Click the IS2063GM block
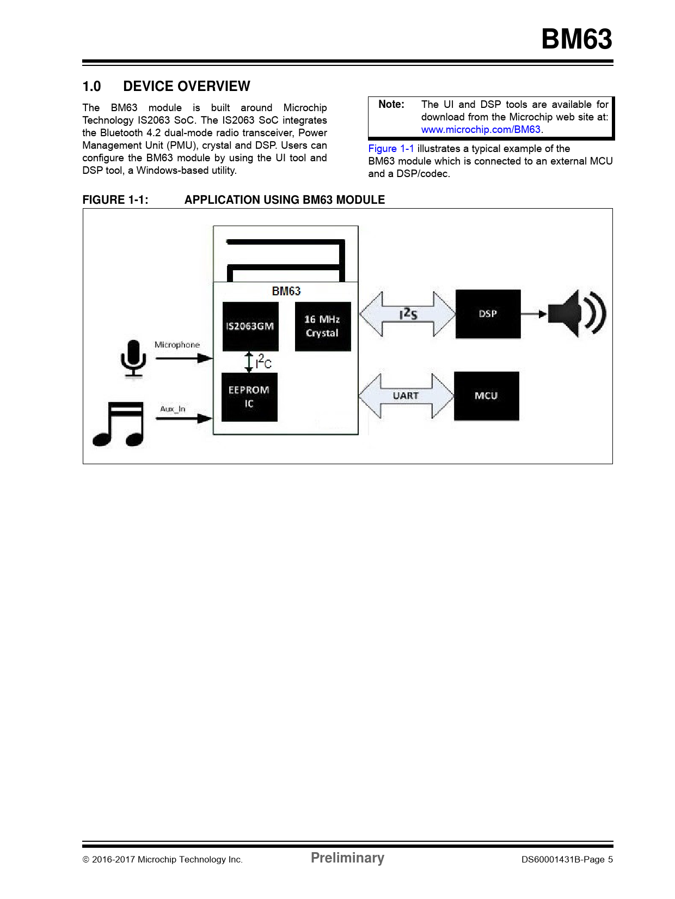point(250,326)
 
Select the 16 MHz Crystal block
point(323,326)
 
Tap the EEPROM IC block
point(249,397)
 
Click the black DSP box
point(488,314)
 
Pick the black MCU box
point(487,396)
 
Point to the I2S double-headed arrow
point(408,314)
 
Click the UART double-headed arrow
point(406,396)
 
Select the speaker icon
point(577,314)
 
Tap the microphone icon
point(133,359)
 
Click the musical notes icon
point(118,424)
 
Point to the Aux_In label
point(173,409)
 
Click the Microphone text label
point(177,345)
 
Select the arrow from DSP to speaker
point(534,314)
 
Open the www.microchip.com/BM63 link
point(481,130)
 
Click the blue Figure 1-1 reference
point(391,149)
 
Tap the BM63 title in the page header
point(577,39)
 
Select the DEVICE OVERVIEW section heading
point(187,87)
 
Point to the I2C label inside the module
point(263,362)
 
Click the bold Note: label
point(391,105)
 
